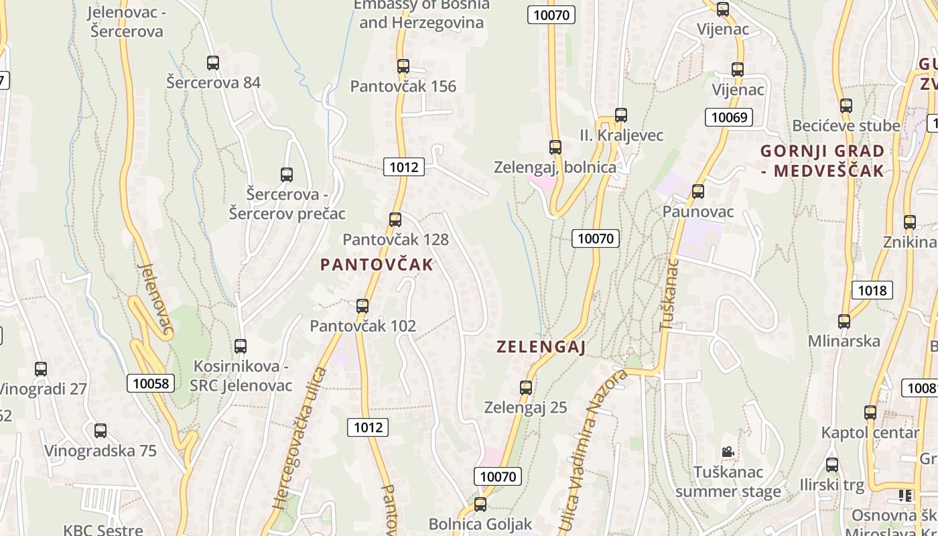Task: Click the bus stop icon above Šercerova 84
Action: coord(213,63)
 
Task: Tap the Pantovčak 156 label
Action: coord(403,86)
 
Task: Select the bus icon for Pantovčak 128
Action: coord(395,219)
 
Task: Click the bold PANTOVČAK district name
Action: coord(377,265)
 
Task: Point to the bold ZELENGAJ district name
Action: coord(541,347)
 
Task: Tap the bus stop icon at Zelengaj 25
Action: coord(526,387)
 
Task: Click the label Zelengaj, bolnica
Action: coord(555,167)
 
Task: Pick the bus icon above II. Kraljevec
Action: coord(621,115)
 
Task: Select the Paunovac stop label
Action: coord(698,212)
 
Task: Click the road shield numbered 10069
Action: coord(728,118)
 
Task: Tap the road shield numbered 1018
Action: coord(872,290)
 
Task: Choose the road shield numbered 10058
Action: coord(151,383)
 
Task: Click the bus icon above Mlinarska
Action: coord(844,321)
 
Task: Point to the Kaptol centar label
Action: coord(870,433)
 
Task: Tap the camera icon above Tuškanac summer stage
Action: coord(728,452)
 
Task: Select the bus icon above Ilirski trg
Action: coord(832,464)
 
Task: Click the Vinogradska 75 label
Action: coord(100,450)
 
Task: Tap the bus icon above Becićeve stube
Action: coord(846,105)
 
